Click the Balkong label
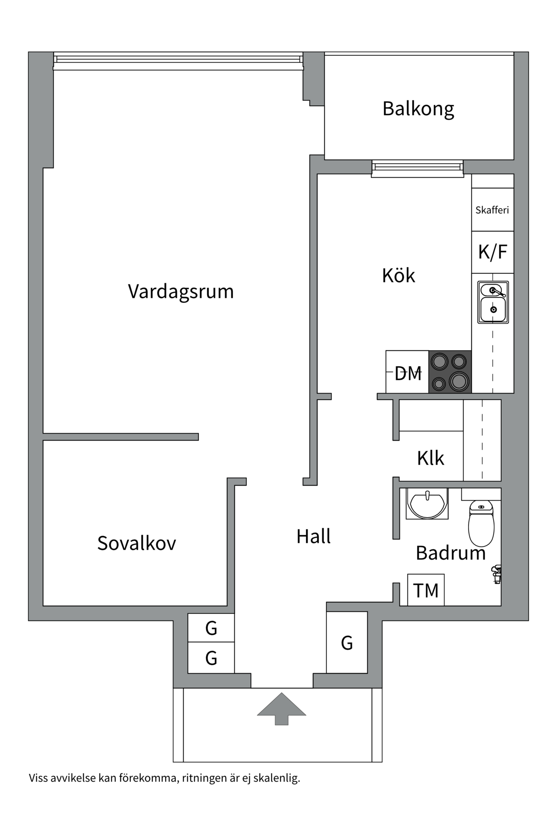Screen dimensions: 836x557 [418, 109]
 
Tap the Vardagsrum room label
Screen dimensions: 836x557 [181, 291]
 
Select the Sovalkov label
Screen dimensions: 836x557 [137, 543]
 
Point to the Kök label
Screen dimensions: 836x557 [398, 276]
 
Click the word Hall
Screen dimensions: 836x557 [313, 536]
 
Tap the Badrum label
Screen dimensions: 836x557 [450, 553]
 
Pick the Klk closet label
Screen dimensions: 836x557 [430, 458]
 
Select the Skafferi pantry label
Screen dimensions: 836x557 [492, 210]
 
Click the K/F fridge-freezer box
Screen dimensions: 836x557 [493, 252]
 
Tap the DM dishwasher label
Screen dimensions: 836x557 [408, 373]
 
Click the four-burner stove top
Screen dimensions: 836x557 [450, 372]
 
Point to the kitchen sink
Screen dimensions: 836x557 [493, 302]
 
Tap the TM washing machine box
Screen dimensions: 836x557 [426, 590]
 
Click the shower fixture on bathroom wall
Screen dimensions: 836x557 [496, 573]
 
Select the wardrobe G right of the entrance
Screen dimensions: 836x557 [347, 643]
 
